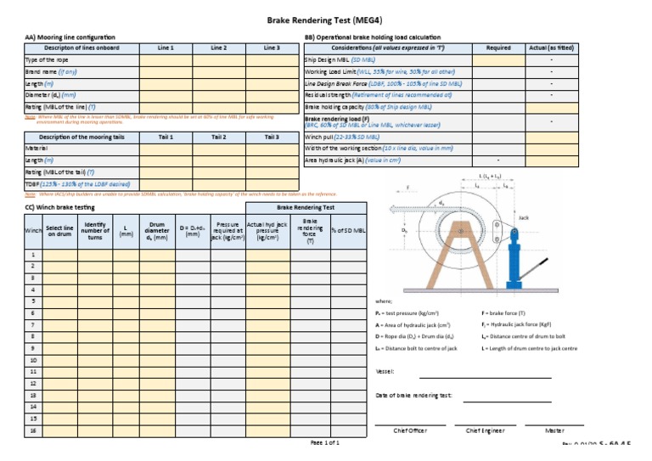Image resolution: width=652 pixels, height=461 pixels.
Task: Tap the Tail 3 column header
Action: [x=272, y=137]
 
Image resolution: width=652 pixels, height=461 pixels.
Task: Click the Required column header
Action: [x=497, y=48]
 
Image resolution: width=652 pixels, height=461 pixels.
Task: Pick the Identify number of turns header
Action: [x=95, y=229]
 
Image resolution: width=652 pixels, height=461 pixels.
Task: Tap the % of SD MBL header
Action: [x=348, y=230]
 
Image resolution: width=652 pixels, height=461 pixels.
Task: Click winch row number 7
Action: [x=33, y=325]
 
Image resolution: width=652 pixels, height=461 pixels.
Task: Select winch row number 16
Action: [x=33, y=431]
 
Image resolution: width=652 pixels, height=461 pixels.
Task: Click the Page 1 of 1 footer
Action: [x=325, y=443]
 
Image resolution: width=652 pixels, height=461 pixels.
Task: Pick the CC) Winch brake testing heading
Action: [x=59, y=207]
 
